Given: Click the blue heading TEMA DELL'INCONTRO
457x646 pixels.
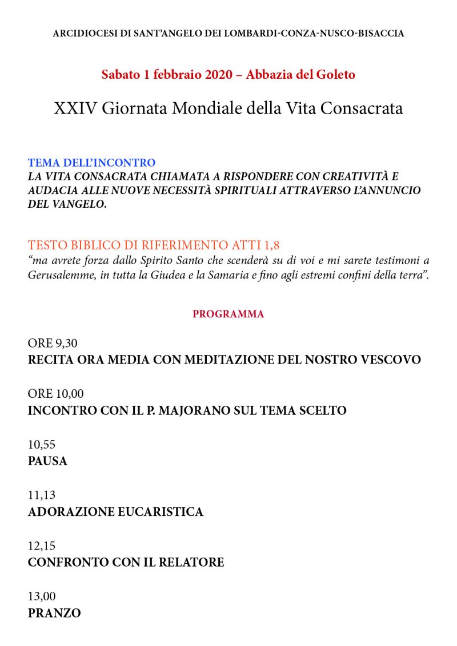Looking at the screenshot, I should click(91, 163).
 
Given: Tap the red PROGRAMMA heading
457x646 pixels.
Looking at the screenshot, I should click(228, 314).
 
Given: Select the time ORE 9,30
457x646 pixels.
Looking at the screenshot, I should click(53, 344).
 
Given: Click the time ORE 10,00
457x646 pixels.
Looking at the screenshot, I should click(56, 394).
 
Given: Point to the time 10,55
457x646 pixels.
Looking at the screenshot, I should click(42, 445).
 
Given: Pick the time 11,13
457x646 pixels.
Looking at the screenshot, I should click(42, 495).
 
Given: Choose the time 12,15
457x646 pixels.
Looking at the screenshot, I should click(42, 546).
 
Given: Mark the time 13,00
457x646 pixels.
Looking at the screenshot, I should click(42, 596).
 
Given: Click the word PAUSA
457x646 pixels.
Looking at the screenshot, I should click(47, 461).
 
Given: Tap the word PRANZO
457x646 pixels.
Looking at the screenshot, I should click(54, 613).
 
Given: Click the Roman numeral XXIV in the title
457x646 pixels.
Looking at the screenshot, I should click(76, 109).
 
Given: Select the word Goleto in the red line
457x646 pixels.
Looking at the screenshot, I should click(335, 75).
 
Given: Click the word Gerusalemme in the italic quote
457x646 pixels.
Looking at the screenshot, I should click(61, 275).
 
